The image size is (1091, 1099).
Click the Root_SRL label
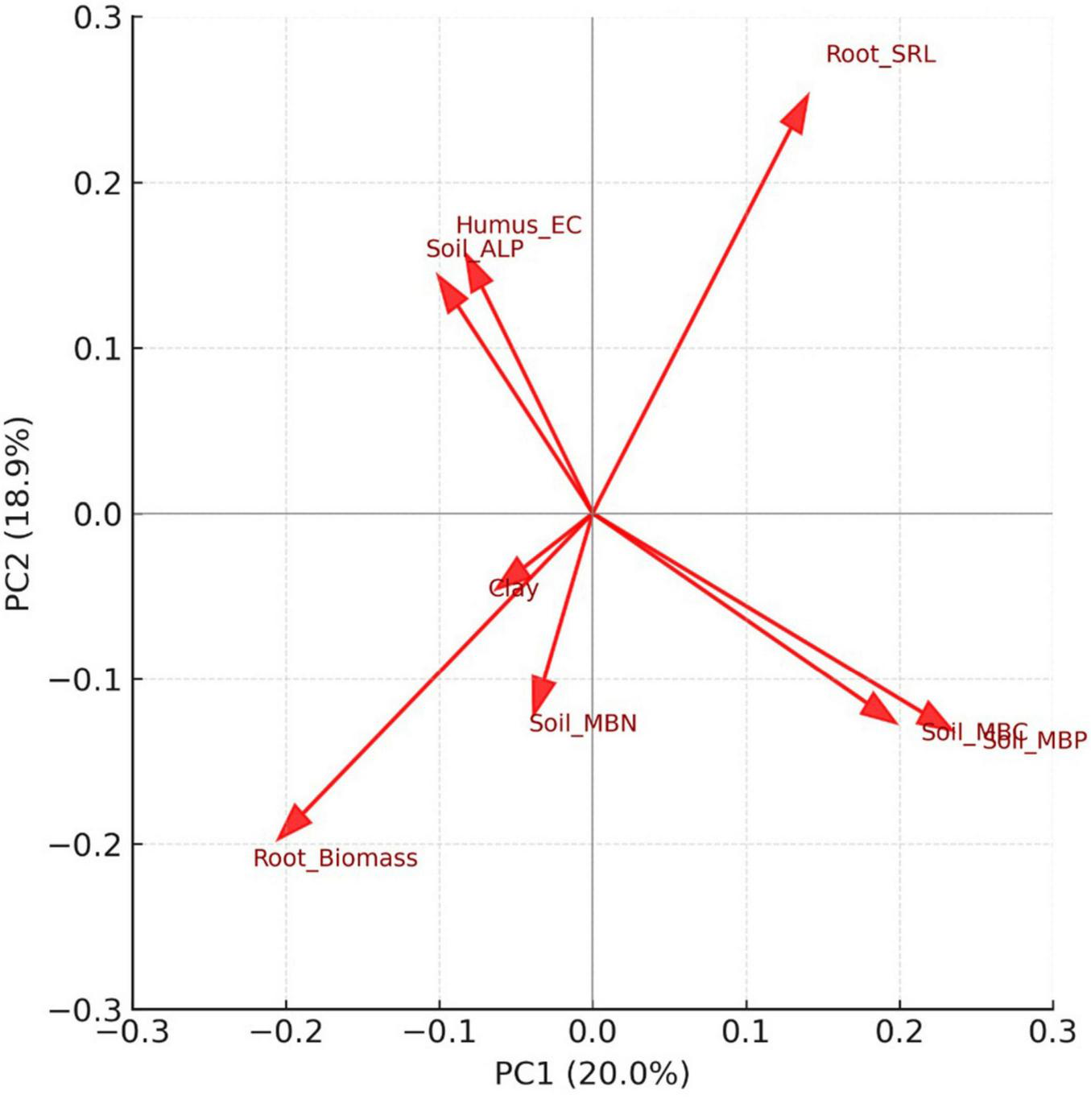(x=881, y=55)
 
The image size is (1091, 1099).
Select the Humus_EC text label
(x=519, y=225)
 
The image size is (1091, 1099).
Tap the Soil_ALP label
(x=474, y=249)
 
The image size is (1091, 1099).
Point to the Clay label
(x=513, y=589)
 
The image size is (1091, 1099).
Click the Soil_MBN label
(x=583, y=724)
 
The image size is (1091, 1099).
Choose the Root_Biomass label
(x=336, y=858)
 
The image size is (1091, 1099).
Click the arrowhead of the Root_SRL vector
(x=798, y=111)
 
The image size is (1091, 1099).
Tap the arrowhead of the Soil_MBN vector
(x=543, y=696)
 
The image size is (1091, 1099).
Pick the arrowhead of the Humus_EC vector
(x=476, y=271)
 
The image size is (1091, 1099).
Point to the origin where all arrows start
(x=593, y=514)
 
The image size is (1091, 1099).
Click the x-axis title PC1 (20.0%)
(x=592, y=1074)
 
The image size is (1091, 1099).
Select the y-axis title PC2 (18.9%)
(x=18, y=514)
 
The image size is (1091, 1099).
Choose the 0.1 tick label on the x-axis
(x=746, y=1031)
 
